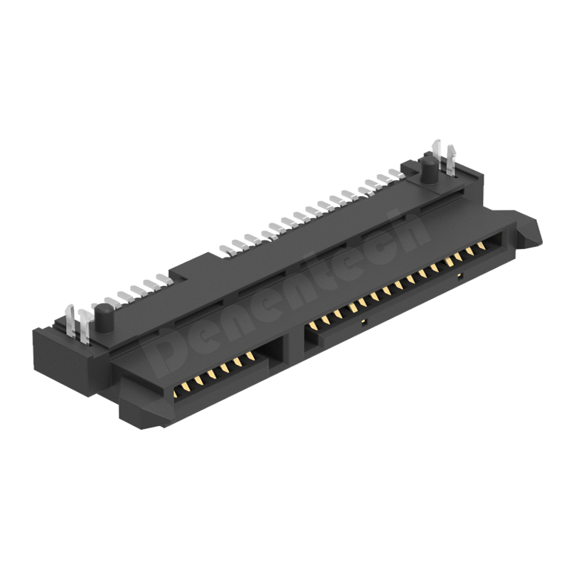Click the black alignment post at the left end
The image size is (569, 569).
tap(102, 317)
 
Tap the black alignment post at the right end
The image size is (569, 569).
tap(430, 170)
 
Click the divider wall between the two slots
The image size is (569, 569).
tap(293, 339)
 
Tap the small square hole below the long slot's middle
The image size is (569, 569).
tap(363, 323)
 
